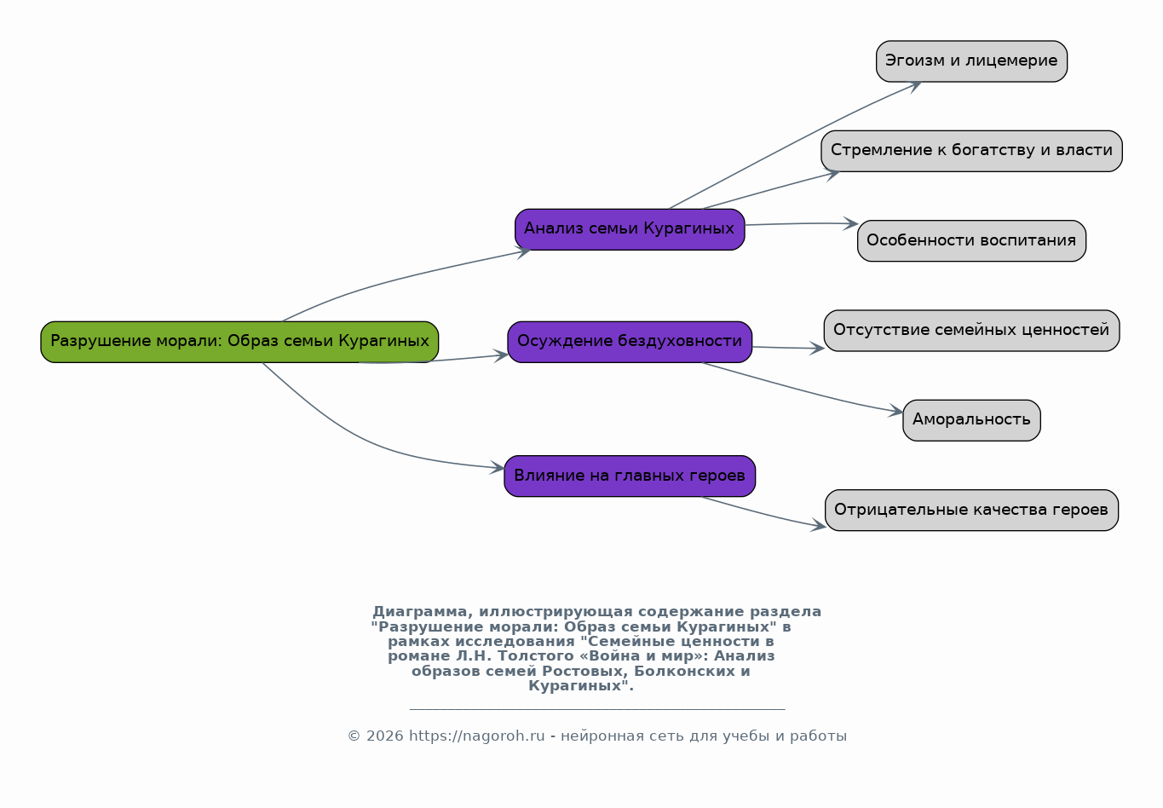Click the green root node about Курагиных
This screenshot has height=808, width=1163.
coord(239,342)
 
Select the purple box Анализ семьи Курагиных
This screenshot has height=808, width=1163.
coord(630,229)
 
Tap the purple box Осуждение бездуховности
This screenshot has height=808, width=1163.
coord(630,342)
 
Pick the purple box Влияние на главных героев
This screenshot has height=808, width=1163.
coord(630,476)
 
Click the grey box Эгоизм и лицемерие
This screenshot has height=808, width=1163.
coord(971,61)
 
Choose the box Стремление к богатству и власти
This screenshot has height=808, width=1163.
coord(971,151)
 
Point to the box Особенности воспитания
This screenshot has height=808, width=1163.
coord(971,241)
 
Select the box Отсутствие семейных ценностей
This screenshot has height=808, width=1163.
coord(971,331)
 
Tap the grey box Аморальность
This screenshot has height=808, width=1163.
coord(971,420)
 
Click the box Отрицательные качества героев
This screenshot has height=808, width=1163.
coord(971,511)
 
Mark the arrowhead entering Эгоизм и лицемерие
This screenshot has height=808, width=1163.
coord(915,84)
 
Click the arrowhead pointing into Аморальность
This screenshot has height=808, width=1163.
coord(896,413)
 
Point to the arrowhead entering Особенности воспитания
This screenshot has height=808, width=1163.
coord(851,223)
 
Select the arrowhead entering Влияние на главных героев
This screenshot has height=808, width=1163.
coord(498,467)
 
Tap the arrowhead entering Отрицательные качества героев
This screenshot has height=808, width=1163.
coord(819,527)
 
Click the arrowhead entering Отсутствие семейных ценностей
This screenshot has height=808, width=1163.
coord(817,348)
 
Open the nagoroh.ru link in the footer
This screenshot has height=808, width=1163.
coord(476,736)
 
